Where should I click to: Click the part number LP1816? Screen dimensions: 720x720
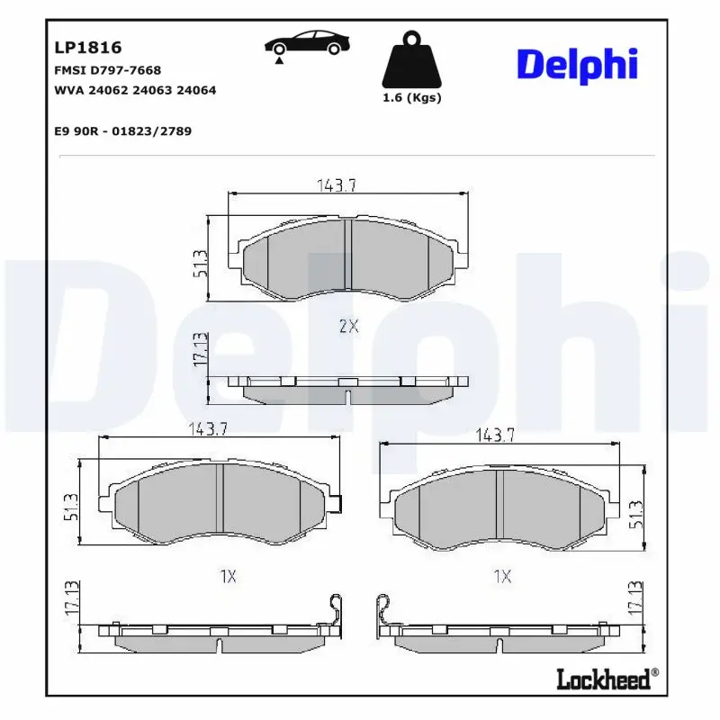click(x=88, y=48)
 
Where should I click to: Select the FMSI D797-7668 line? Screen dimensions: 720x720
click(x=108, y=70)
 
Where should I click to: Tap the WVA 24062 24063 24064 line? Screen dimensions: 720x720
click(x=135, y=91)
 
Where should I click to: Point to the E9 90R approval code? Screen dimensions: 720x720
click(x=122, y=131)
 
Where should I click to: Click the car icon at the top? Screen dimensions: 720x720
click(x=307, y=45)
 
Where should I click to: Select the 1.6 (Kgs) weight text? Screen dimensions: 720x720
click(x=412, y=98)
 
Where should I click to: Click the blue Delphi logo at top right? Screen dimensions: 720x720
click(x=577, y=65)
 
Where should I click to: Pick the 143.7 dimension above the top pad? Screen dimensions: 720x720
click(x=337, y=185)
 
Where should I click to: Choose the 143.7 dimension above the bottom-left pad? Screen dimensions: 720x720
click(x=206, y=430)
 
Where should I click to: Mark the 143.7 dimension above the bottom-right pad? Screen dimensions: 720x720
click(x=493, y=436)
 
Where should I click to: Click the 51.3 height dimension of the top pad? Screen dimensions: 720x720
click(x=201, y=264)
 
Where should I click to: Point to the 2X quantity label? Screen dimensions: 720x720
click(x=348, y=328)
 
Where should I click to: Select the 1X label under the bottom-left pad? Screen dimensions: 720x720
click(x=227, y=576)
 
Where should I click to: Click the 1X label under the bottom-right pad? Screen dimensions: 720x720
click(x=502, y=576)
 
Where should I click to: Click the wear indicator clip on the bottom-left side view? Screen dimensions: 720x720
click(x=335, y=611)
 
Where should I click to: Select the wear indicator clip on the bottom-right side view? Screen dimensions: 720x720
click(x=384, y=612)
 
